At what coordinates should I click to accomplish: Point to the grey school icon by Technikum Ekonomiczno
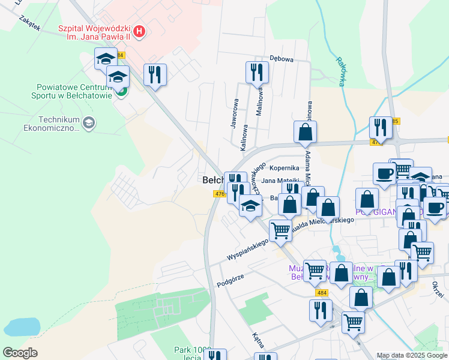(89, 123)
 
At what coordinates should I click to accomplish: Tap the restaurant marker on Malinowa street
(258, 72)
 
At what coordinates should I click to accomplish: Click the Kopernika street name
(285, 168)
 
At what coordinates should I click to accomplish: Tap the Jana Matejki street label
(280, 181)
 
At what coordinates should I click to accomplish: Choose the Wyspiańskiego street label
(246, 251)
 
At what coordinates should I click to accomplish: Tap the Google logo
(20, 353)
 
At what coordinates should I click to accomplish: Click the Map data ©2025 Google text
(412, 355)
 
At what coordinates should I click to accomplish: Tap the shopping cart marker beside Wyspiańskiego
(280, 230)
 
